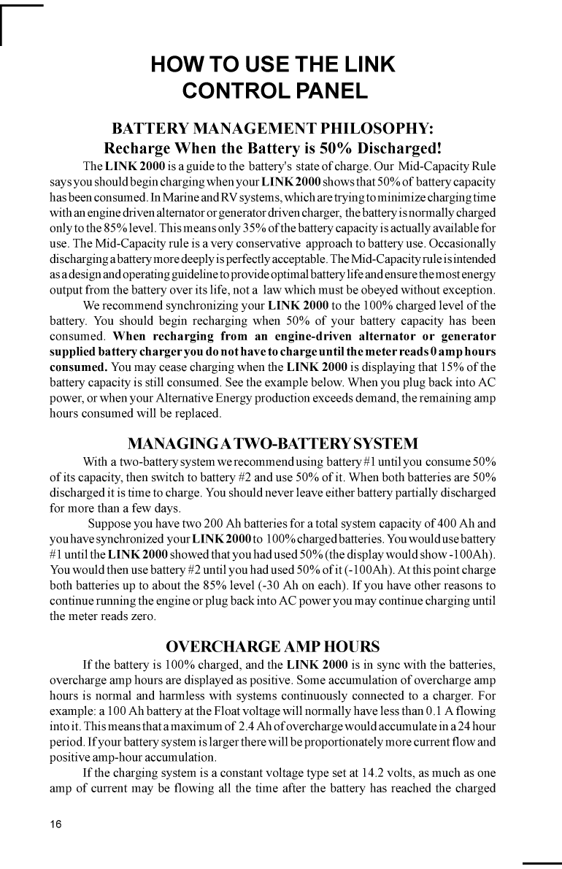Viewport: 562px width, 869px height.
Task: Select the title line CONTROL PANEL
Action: coord(273,91)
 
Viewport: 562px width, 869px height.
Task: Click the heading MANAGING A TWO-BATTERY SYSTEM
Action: coord(273,443)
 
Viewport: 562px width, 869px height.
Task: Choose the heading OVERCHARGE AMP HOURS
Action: coord(273,646)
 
